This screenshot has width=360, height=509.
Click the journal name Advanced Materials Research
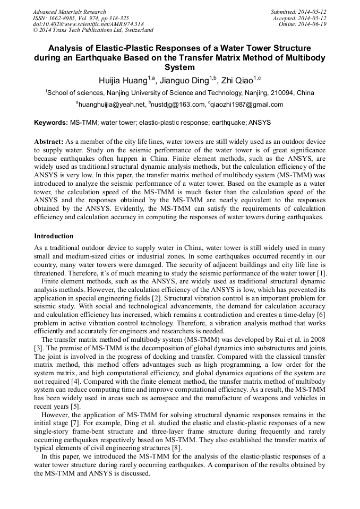[x=69, y=12]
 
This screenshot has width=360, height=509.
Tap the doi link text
[x=88, y=24]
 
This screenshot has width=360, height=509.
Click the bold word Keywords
[x=50, y=123]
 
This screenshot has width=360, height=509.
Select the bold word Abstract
[x=49, y=142]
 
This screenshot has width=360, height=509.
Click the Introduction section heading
[x=54, y=236]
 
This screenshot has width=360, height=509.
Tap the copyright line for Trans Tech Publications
[x=93, y=30]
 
